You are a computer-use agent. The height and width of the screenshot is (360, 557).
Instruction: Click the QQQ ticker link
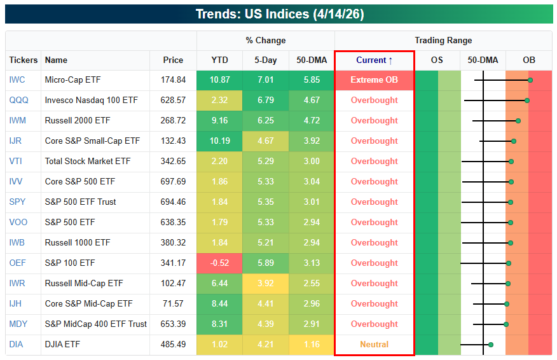[18, 100]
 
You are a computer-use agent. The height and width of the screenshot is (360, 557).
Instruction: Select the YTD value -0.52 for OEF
[219, 263]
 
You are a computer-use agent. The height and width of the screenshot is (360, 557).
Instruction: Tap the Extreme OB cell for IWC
[374, 80]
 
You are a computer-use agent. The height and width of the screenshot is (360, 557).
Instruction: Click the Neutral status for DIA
[374, 344]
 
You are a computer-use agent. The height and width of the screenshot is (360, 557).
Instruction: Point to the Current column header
[374, 60]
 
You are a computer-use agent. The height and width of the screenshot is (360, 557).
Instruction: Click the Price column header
[173, 60]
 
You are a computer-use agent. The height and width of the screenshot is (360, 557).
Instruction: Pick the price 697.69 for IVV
[173, 182]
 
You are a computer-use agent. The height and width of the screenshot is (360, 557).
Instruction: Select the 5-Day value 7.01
[266, 80]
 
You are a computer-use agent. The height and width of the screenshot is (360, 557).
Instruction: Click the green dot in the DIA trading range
[491, 345]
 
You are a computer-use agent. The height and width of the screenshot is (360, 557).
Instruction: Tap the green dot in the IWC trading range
[530, 80]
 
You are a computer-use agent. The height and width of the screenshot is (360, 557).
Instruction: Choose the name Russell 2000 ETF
[78, 120]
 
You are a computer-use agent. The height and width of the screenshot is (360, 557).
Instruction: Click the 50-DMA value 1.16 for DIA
[312, 344]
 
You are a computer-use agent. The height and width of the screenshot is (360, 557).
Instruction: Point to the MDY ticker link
[18, 324]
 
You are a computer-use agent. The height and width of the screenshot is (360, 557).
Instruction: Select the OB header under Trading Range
[529, 60]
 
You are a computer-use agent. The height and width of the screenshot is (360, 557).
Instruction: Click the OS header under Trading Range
[437, 60]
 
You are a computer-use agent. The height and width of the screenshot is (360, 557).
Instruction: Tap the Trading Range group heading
[443, 41]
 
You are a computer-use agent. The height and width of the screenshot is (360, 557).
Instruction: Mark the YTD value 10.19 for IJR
[219, 141]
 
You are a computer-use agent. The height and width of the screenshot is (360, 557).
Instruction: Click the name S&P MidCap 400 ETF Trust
[95, 324]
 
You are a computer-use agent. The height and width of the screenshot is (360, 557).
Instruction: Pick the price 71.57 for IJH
[173, 304]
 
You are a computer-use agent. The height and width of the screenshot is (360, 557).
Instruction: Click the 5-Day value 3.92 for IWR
[266, 283]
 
